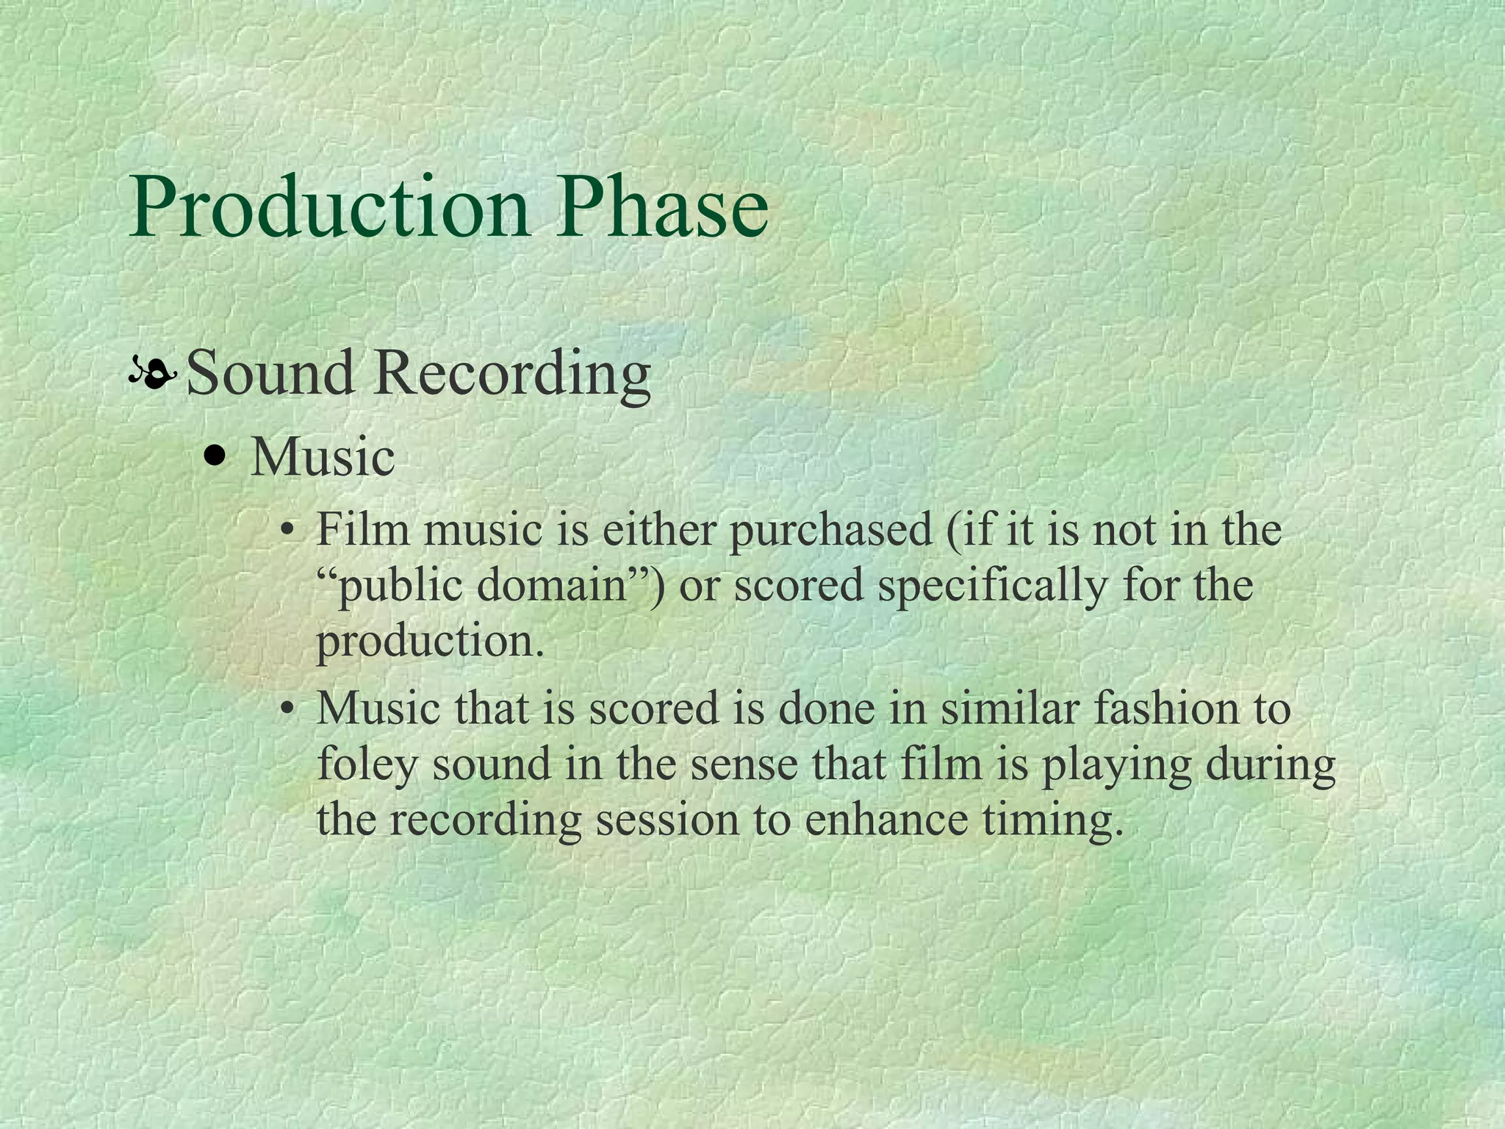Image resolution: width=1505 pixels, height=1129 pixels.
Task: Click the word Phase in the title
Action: point(661,208)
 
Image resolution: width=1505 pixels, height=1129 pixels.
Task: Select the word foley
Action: point(366,765)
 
